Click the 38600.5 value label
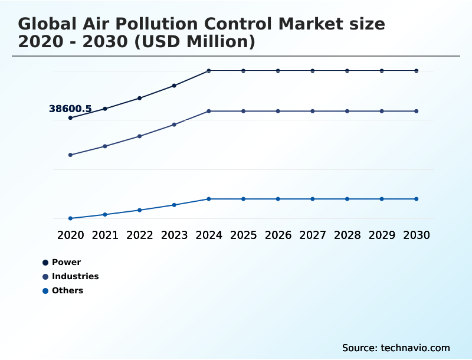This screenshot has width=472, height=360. click(70, 109)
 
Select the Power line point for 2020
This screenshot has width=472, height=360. click(70, 118)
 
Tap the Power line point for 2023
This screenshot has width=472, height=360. click(174, 86)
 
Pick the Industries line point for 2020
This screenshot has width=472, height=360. click(70, 155)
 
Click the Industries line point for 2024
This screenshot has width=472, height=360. click(209, 111)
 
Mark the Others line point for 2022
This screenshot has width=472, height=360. click(140, 210)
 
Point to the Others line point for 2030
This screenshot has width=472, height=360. click(417, 199)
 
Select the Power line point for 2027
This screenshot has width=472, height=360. click(313, 71)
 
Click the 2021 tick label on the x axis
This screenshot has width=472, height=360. click(105, 235)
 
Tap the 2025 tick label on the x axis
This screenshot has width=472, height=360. click(243, 235)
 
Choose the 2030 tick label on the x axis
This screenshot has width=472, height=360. click(417, 235)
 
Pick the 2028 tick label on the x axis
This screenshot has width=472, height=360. click(347, 235)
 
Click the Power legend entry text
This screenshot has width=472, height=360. click(66, 262)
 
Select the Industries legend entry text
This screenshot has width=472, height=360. click(75, 276)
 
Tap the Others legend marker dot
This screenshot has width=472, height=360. click(45, 290)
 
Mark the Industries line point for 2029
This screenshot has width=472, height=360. click(382, 111)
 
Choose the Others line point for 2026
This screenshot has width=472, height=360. click(278, 199)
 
